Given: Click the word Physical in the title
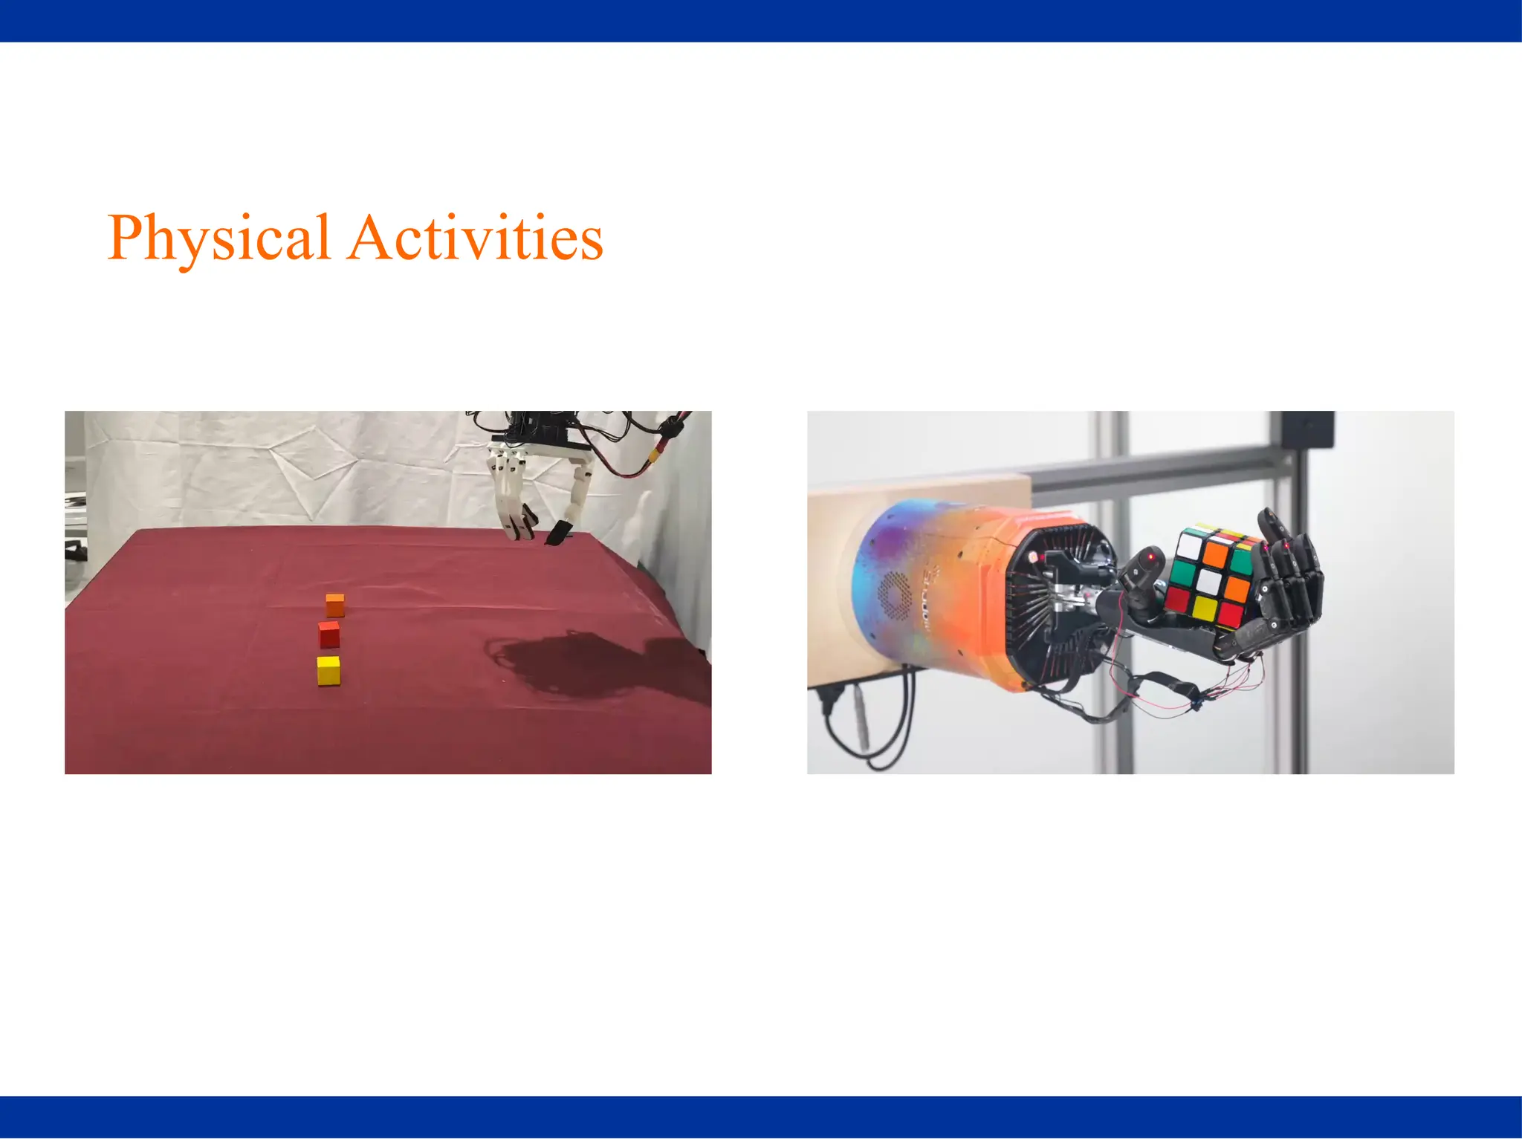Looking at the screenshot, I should [x=218, y=238].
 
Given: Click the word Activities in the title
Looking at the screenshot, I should [x=476, y=238].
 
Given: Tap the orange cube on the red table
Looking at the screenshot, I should [x=335, y=605].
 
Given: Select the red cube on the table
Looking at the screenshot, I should [x=329, y=635].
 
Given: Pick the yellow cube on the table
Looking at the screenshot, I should [x=328, y=670].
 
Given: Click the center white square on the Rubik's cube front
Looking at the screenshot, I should [x=1210, y=580].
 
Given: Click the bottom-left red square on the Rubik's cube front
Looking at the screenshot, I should [x=1177, y=599].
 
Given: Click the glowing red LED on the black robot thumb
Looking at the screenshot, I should [x=1152, y=556].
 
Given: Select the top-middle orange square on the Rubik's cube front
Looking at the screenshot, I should [x=1216, y=554].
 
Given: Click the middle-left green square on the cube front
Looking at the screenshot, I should [x=1183, y=573].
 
